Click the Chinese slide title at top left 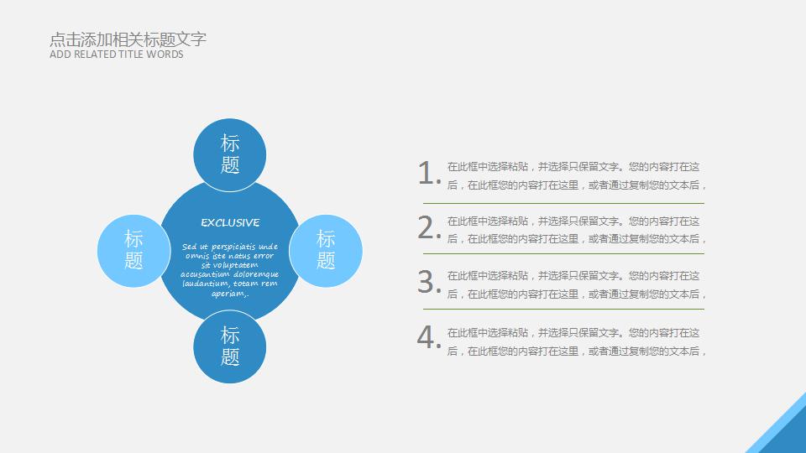click(x=128, y=39)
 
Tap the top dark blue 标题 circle click(x=230, y=154)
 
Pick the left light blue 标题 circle click(x=133, y=251)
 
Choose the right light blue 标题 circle click(x=326, y=251)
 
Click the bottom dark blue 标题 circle click(x=230, y=346)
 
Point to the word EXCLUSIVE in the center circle click(x=230, y=222)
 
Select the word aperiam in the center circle click(x=228, y=294)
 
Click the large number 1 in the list click(x=429, y=173)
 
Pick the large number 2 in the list click(x=429, y=227)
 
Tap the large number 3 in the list click(x=429, y=282)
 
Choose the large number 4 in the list click(x=429, y=337)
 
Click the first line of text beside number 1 click(x=573, y=166)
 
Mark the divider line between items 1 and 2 click(x=563, y=203)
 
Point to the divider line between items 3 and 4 click(x=563, y=310)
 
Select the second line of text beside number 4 click(x=576, y=351)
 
